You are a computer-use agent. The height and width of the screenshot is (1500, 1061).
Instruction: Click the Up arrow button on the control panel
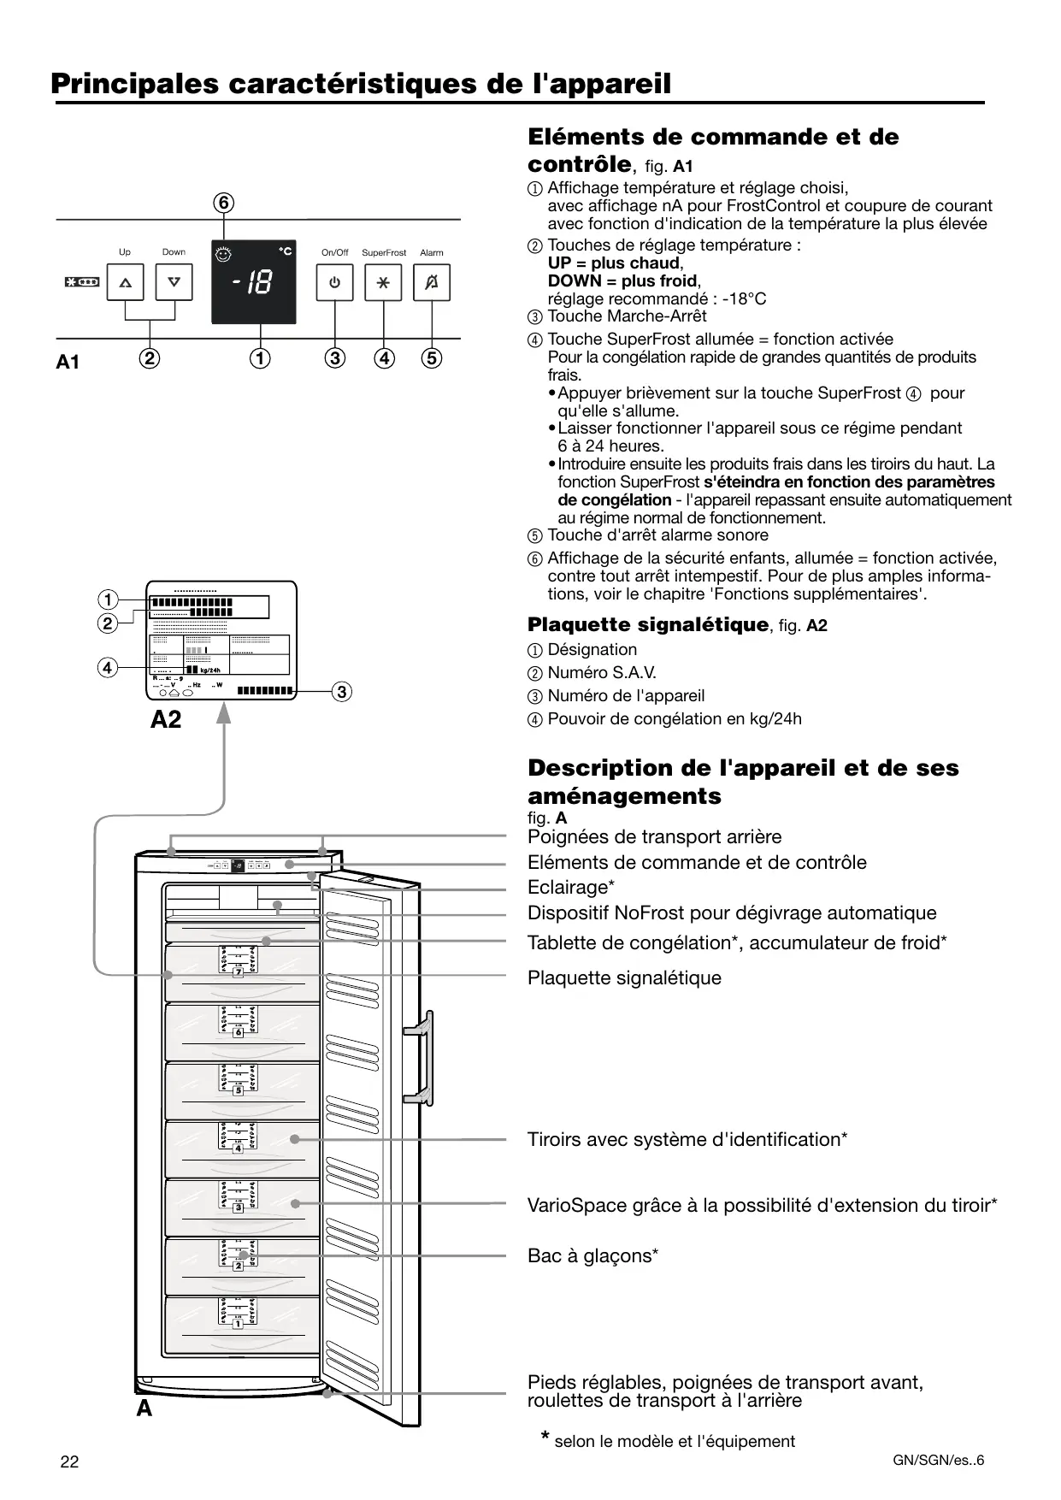pos(126,282)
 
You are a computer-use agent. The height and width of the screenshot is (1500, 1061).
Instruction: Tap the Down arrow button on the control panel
pos(174,282)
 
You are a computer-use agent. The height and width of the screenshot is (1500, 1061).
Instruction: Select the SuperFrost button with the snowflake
pos(383,282)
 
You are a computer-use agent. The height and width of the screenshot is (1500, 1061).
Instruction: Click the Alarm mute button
pos(432,282)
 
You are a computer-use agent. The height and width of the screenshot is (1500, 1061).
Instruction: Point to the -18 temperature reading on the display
pos(253,283)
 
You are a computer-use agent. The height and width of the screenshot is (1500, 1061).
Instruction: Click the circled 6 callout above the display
pos(223,203)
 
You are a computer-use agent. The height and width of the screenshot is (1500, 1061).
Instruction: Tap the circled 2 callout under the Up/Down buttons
pos(150,358)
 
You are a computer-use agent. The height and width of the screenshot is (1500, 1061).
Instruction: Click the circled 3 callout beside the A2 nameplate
pos(341,691)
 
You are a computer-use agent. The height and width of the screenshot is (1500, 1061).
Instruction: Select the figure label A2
pos(166,720)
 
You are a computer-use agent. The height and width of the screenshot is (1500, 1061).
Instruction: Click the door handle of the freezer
pos(422,1055)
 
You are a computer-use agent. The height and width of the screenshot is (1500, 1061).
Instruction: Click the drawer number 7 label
pos(239,972)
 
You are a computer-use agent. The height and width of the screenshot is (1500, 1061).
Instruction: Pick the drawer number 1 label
pos(239,1324)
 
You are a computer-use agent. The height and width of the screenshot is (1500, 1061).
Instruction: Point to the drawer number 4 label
pos(239,1149)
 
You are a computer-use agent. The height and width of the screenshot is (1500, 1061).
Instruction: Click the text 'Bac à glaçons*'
pos(592,1255)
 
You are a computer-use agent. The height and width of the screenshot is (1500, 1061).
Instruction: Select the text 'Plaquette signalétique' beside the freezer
pos(624,977)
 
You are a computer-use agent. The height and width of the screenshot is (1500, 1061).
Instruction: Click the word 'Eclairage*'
pos(571,887)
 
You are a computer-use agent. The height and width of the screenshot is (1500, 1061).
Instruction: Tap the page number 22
pos(69,1462)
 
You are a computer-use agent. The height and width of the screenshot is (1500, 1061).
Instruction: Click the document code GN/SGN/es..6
pos(938,1460)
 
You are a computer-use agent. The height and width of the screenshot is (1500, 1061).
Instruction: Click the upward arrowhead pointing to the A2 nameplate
pos(224,712)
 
